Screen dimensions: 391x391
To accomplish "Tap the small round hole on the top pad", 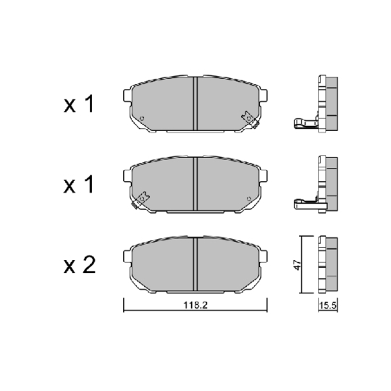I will [x=143, y=119].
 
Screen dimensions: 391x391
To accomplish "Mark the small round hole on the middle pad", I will [x=250, y=198].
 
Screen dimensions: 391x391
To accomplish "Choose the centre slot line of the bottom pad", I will [x=196, y=264].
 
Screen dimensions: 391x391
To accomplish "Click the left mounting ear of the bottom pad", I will [x=128, y=256].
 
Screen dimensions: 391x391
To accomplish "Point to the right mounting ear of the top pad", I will [x=265, y=95].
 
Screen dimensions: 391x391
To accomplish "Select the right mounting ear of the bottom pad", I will [x=265, y=256].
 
